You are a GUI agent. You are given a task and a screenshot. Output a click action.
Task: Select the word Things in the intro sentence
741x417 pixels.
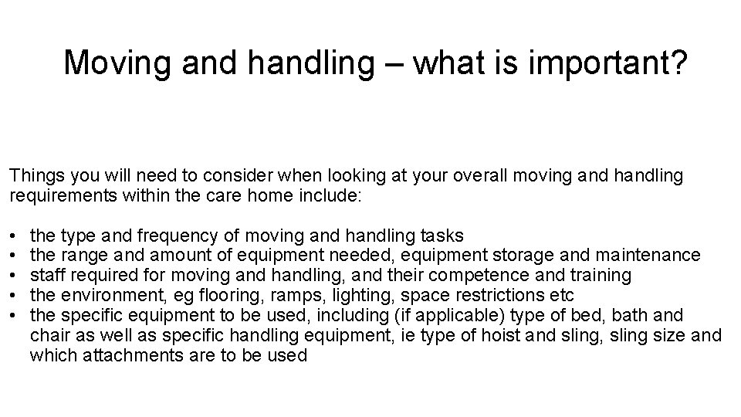click(x=34, y=176)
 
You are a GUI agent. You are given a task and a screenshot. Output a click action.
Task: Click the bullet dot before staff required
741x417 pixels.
click(x=15, y=275)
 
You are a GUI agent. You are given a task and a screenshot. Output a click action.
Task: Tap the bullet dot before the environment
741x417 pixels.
click(x=15, y=295)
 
